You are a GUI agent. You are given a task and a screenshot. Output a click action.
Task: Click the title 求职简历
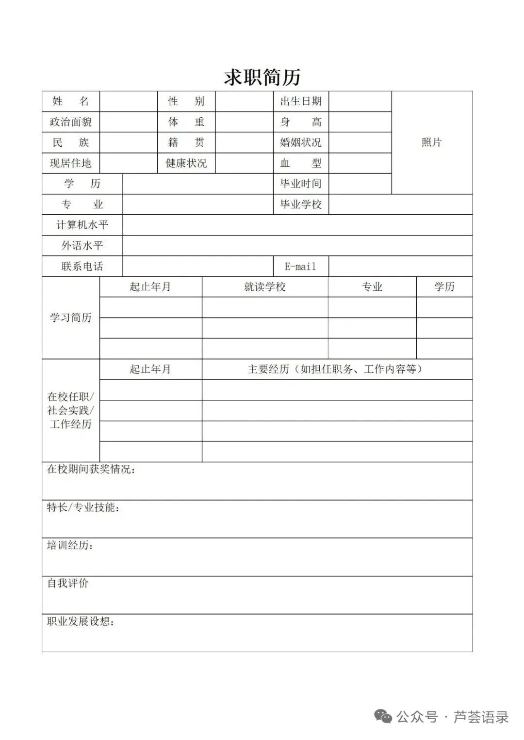(x=262, y=77)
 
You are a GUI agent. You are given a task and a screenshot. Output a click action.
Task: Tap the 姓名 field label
(x=71, y=101)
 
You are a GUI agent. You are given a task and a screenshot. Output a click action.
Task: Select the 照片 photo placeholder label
(x=431, y=142)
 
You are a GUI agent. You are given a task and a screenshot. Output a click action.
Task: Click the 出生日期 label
(x=301, y=101)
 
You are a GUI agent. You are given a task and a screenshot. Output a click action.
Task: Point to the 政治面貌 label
(x=71, y=122)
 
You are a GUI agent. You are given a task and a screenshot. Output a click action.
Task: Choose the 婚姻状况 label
(x=301, y=142)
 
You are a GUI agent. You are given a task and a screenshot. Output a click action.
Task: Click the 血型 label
(x=301, y=163)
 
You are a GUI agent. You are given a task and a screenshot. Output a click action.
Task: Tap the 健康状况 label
(x=186, y=163)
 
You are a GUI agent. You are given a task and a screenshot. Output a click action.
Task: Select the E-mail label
(x=300, y=267)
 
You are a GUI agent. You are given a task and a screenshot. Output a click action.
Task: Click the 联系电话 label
(x=82, y=267)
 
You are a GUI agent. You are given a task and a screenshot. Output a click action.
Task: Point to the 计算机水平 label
(x=82, y=225)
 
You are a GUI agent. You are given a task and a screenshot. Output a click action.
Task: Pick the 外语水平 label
(x=82, y=246)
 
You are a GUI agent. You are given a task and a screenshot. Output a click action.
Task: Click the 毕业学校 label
(x=301, y=205)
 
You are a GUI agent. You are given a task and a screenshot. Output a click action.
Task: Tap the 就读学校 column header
(x=265, y=287)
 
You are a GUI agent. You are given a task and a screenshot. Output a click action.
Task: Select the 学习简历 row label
(x=71, y=318)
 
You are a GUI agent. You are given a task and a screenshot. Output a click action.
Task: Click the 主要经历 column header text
(x=335, y=369)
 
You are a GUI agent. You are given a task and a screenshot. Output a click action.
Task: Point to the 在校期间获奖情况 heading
(x=91, y=470)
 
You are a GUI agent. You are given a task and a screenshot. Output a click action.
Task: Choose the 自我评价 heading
(x=68, y=583)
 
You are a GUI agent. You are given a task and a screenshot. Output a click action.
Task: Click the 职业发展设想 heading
(x=81, y=622)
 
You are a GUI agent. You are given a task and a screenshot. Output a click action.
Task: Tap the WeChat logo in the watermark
(x=383, y=717)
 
